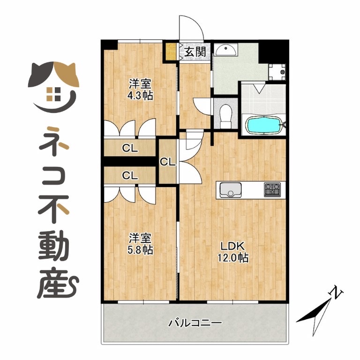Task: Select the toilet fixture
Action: point(225,116)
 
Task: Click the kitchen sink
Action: point(231,190)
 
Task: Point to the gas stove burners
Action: point(272,189)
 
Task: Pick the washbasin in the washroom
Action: point(226,50)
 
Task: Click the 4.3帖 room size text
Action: point(140,96)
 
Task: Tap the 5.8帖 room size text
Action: point(140,249)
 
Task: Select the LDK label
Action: point(232,246)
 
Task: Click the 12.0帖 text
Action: point(233,258)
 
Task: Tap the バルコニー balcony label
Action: point(195,323)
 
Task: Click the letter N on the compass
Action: point(336,292)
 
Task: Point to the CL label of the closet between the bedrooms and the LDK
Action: point(168,162)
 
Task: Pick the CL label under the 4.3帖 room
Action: point(130,148)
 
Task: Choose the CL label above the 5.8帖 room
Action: point(130,176)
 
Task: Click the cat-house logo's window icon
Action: point(53,94)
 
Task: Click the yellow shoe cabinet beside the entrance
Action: point(171,51)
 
